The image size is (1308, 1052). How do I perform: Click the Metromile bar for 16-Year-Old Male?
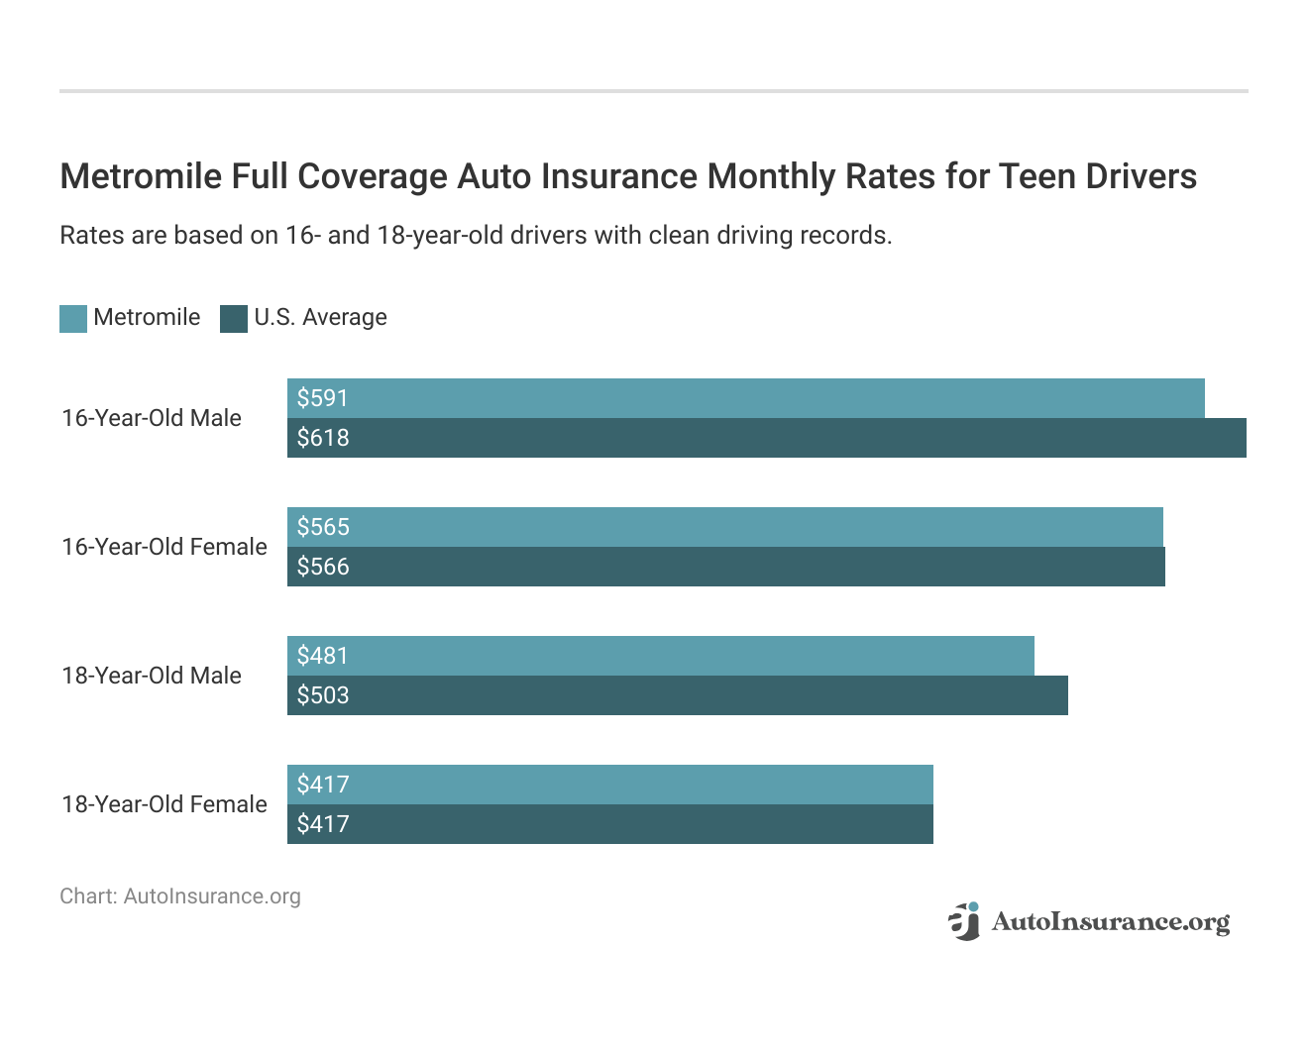745,398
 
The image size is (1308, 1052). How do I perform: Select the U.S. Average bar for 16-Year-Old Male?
766,438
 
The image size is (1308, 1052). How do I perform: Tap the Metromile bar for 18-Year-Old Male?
660,656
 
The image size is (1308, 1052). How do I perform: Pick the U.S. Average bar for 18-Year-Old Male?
677,695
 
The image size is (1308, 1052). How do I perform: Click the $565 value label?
323,527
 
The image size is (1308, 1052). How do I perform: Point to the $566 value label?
323,567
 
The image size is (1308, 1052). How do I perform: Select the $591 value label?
323,398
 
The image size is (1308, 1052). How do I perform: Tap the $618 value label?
323,438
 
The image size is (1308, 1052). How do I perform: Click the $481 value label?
323,656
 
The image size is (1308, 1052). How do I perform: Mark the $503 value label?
323,695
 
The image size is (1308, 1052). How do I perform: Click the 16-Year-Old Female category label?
164,547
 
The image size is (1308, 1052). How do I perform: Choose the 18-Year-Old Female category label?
164,804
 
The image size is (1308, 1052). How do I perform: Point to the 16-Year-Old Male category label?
152,418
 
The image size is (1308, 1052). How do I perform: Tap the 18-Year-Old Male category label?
152,676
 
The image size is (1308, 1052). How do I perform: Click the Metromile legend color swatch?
73,318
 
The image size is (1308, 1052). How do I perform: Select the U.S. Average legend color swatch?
234,318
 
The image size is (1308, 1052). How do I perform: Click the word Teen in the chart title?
1036,176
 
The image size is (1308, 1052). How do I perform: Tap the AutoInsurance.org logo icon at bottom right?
963,921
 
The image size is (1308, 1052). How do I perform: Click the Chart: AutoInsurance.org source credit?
180,896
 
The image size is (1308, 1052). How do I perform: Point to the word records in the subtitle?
851,236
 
